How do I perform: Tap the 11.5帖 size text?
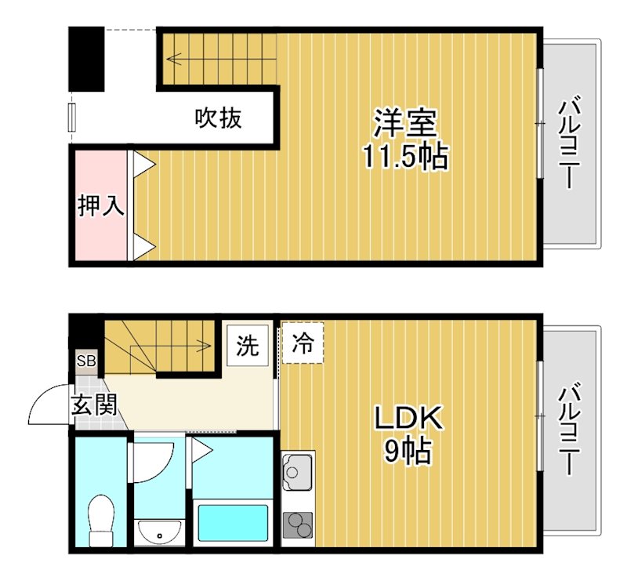point(404,157)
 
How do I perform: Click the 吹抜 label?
point(218,118)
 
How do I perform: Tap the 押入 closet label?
point(100,205)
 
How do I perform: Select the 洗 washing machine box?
point(248,345)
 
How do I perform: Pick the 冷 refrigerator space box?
point(303,343)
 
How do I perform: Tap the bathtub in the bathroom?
point(232,522)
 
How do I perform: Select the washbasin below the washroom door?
point(159,532)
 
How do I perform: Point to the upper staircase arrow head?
point(170,57)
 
